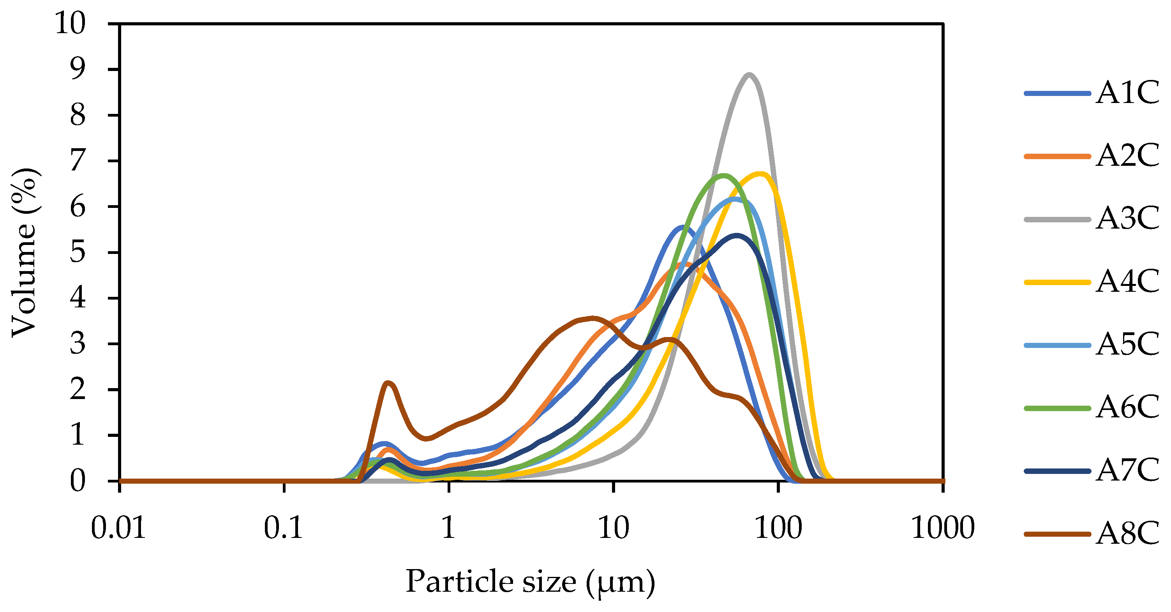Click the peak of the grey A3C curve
coord(749,74)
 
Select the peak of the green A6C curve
coord(724,175)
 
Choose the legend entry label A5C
coord(1127,344)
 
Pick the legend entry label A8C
coord(1127,533)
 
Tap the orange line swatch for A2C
coord(1057,156)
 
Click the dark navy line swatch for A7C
coord(1057,471)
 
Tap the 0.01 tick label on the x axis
coord(119,528)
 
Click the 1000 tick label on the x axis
coord(943,528)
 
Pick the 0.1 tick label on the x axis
coord(284,528)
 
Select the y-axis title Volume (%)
coord(25,252)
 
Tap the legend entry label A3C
coord(1127,219)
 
